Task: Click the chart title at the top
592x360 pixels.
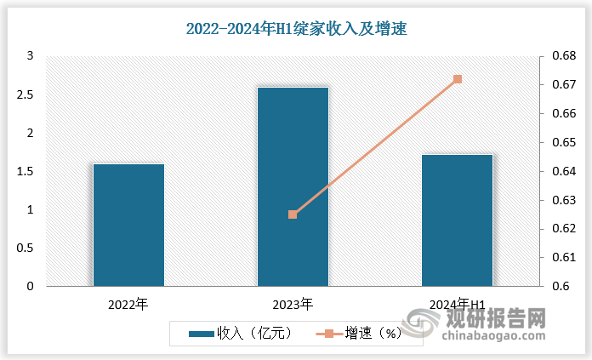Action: click(297, 29)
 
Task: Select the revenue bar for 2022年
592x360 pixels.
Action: click(128, 225)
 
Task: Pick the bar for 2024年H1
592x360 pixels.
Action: click(457, 220)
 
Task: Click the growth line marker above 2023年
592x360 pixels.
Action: click(293, 214)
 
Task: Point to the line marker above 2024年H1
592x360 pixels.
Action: click(458, 79)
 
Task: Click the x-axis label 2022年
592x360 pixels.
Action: click(128, 304)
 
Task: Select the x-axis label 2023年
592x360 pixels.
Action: click(293, 304)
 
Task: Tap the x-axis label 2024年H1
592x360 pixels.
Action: click(458, 304)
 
